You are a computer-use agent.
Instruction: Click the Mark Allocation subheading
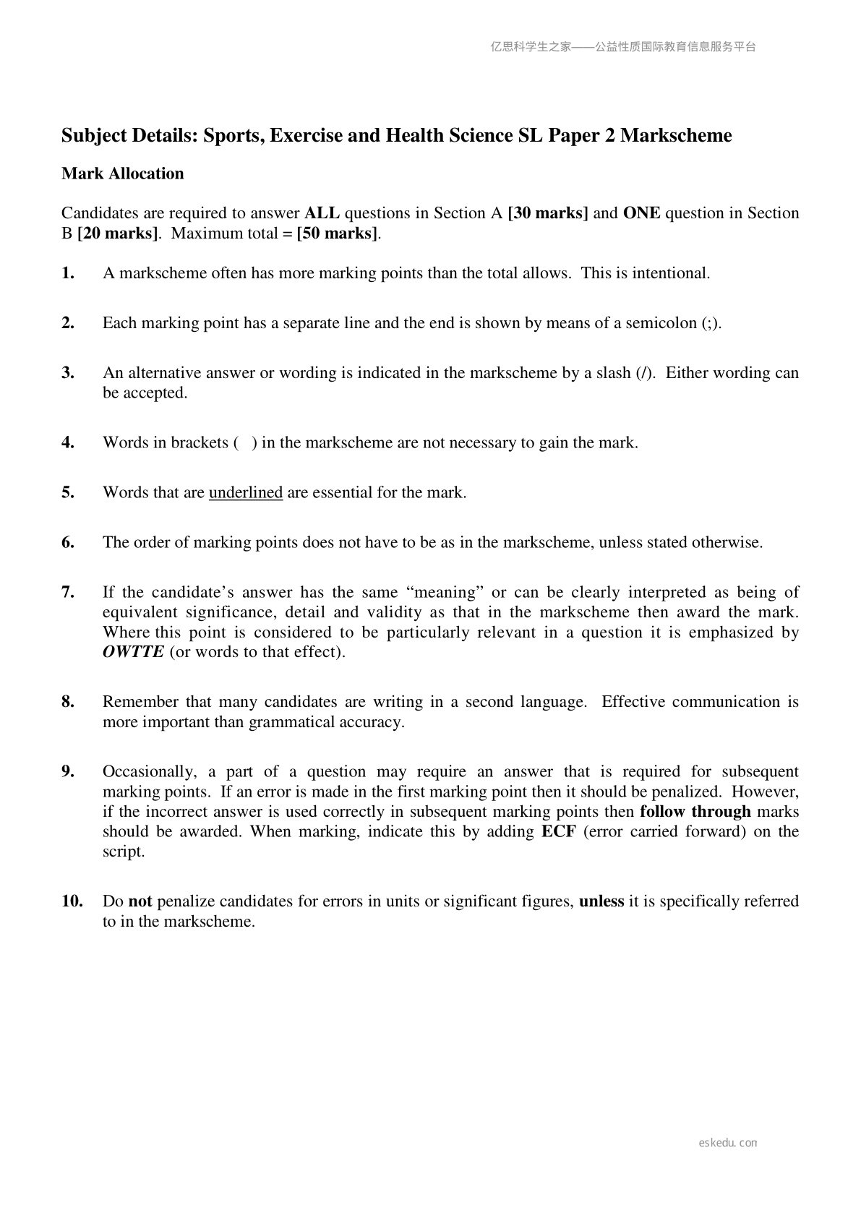pyautogui.click(x=123, y=173)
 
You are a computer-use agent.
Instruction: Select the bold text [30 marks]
pyautogui.click(x=548, y=213)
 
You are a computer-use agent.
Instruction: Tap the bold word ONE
pyautogui.click(x=641, y=213)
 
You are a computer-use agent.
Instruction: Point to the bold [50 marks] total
pyautogui.click(x=338, y=233)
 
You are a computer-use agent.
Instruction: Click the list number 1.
pyautogui.click(x=68, y=273)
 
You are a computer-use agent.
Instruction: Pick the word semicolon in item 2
pyautogui.click(x=663, y=323)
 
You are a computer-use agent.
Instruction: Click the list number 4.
pyautogui.click(x=68, y=442)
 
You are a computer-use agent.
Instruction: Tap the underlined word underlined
pyautogui.click(x=246, y=492)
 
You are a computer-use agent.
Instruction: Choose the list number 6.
pyautogui.click(x=68, y=542)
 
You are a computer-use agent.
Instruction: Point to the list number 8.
pyautogui.click(x=68, y=702)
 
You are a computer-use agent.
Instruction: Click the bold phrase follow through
pyautogui.click(x=695, y=812)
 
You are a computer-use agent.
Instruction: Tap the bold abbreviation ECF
pyautogui.click(x=558, y=831)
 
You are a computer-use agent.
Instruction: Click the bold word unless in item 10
pyautogui.click(x=601, y=901)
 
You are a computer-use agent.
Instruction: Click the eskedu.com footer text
pyautogui.click(x=728, y=1143)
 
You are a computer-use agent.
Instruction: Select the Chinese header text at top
pyautogui.click(x=622, y=47)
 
